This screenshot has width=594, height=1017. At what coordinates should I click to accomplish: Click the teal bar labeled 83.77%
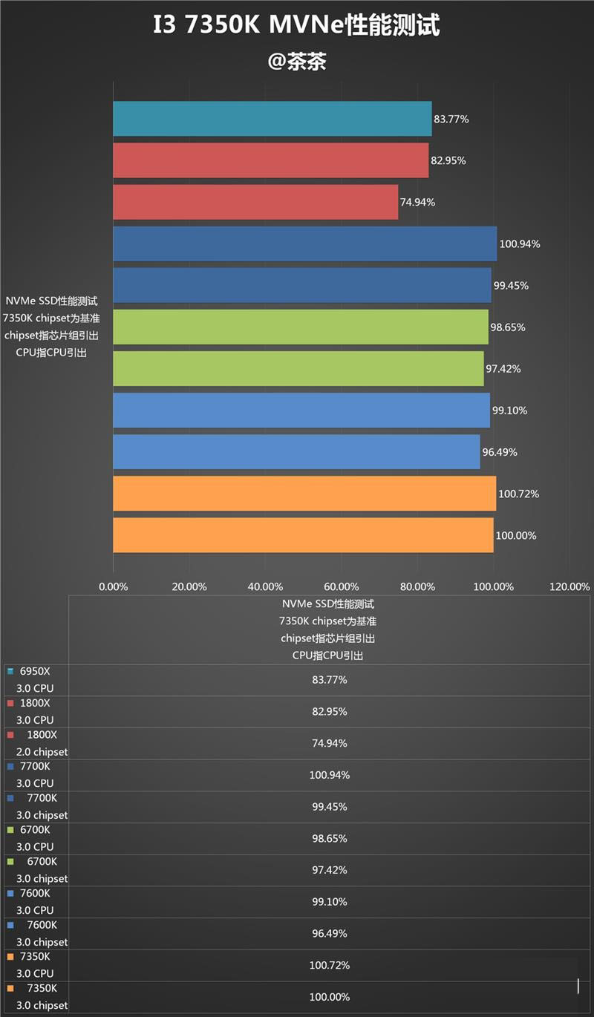272,119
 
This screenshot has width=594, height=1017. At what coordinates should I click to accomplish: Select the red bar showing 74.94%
255,202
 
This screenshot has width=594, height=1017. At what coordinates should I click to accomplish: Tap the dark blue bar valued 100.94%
304,243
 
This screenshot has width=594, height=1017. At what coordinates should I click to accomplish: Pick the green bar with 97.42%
298,369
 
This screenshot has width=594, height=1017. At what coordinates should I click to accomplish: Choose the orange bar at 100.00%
303,535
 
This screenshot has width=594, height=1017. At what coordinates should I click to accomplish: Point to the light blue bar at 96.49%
296,452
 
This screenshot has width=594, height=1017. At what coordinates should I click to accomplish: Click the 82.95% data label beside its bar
449,160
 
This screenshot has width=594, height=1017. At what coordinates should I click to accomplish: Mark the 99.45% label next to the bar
512,286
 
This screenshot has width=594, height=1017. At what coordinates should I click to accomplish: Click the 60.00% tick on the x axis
342,586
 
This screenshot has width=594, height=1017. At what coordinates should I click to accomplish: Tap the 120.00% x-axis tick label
569,586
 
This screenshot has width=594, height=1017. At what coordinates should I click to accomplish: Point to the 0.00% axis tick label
114,586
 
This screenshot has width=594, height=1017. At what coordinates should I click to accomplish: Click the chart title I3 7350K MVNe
296,26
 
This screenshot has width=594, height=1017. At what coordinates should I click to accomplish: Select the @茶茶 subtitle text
297,62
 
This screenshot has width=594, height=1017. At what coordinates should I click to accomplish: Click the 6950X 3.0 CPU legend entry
35,679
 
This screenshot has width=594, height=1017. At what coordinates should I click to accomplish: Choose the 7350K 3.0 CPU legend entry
35,965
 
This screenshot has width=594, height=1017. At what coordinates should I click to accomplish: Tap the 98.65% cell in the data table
329,838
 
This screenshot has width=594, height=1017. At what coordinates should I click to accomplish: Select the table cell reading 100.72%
329,965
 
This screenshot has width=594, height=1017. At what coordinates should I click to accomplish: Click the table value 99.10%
329,901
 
